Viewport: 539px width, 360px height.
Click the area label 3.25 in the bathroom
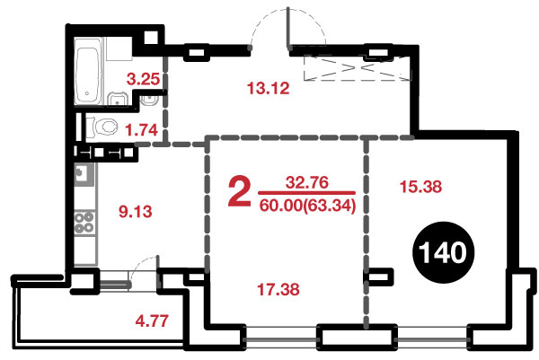pyautogui.click(x=143, y=79)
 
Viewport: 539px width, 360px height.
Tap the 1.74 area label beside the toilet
pyautogui.click(x=141, y=130)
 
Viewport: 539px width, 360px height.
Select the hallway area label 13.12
pyautogui.click(x=268, y=88)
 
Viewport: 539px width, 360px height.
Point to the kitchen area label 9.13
pyautogui.click(x=136, y=211)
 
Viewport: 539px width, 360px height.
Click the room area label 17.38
pyautogui.click(x=278, y=289)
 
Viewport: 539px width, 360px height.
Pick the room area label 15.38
pyautogui.click(x=420, y=187)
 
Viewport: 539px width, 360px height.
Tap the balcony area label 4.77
pyautogui.click(x=152, y=320)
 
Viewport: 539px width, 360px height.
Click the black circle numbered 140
pyautogui.click(x=443, y=252)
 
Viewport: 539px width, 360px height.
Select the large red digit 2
pyautogui.click(x=240, y=191)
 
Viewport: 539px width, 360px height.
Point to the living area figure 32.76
pyautogui.click(x=307, y=182)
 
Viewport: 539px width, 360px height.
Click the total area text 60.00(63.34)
pyautogui.click(x=307, y=206)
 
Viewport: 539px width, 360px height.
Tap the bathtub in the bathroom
pyautogui.click(x=88, y=71)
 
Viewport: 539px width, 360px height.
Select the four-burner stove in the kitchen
pyautogui.click(x=84, y=223)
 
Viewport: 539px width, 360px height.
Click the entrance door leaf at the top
pyautogui.click(x=288, y=28)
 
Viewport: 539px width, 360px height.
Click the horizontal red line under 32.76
pyautogui.click(x=306, y=193)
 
